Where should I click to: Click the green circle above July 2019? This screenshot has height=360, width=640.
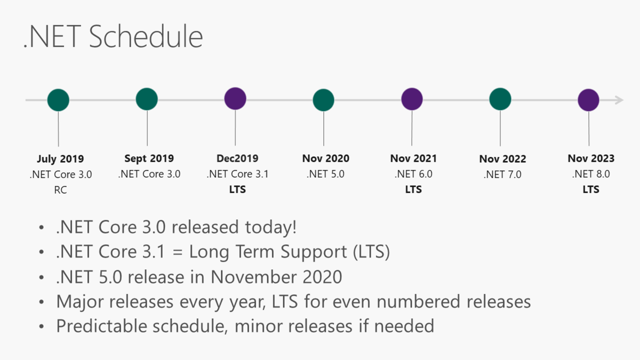[x=58, y=100]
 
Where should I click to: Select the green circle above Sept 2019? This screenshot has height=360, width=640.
[x=147, y=99]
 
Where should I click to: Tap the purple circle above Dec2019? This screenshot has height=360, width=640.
[x=235, y=99]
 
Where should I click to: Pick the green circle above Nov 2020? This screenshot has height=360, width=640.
[x=324, y=100]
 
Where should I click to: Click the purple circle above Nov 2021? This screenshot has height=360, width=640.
[x=412, y=99]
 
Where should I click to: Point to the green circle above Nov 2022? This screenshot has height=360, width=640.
[x=500, y=99]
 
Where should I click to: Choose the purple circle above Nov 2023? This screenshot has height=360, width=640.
[x=589, y=100]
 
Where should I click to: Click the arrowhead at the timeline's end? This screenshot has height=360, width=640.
[x=619, y=100]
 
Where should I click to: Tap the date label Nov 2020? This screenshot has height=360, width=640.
[x=325, y=158]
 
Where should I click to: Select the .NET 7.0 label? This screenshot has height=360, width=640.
[x=502, y=174]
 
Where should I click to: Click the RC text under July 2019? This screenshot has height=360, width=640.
[x=60, y=190]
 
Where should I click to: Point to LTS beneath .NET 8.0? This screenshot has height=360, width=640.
[x=591, y=189]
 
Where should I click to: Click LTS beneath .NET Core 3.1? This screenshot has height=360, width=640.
[x=237, y=190]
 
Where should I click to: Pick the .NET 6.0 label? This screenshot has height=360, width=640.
[x=413, y=174]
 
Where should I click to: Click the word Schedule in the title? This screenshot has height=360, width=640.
[x=146, y=37]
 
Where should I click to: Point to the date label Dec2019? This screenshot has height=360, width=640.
[x=237, y=158]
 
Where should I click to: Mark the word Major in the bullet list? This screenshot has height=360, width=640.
[x=80, y=301]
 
